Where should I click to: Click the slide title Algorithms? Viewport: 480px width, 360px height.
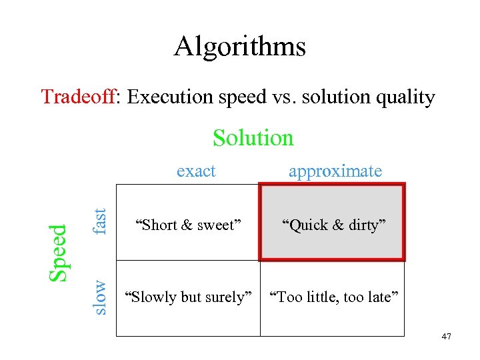pos(239,47)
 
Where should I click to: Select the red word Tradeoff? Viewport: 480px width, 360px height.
pos(78,97)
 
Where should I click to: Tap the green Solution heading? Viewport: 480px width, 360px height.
pos(253,138)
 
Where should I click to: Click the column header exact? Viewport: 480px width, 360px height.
pos(196,171)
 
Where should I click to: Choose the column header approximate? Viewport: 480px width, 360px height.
pos(335,171)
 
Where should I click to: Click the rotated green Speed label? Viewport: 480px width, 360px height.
pos(59,252)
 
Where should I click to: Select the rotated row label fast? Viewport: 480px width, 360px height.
pos(99,221)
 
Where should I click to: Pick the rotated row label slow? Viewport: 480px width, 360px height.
pos(99,297)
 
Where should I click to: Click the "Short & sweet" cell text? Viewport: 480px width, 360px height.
pos(185,225)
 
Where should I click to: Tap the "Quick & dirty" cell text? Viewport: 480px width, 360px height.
pos(332,225)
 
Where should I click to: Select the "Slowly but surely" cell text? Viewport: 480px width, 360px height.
pos(189,297)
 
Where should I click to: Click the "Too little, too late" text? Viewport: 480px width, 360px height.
pos(333,297)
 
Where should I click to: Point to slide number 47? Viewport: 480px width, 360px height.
pos(446,337)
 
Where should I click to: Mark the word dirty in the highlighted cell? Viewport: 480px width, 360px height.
pos(364,225)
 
